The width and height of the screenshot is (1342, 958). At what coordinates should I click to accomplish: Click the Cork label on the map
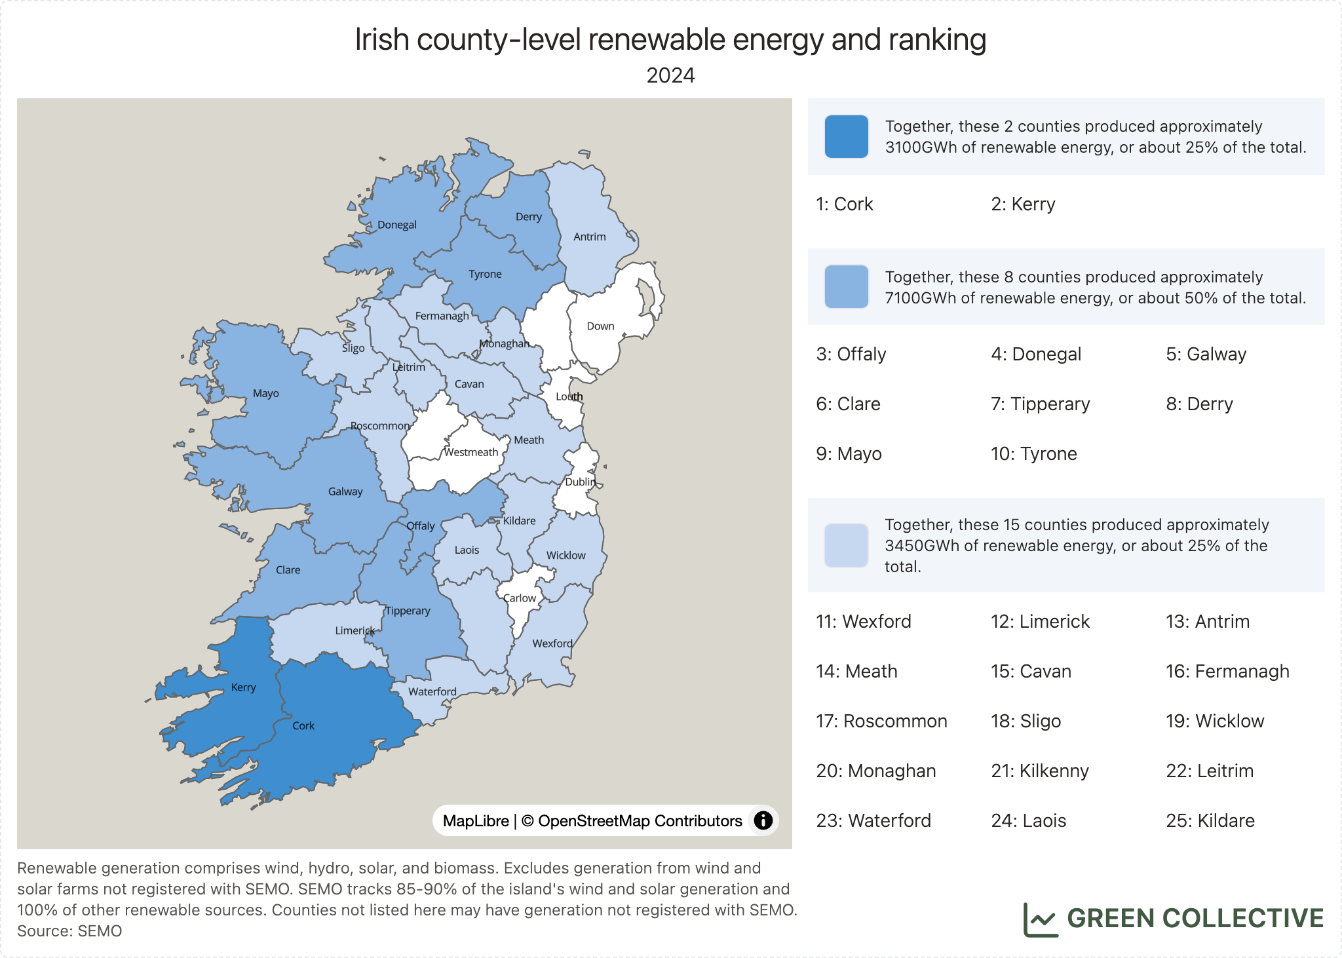click(303, 725)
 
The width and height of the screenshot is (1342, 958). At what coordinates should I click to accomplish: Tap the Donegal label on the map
click(396, 225)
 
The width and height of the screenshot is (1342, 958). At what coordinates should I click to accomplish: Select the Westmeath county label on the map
click(471, 452)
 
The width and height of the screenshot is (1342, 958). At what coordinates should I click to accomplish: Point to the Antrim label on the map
click(589, 237)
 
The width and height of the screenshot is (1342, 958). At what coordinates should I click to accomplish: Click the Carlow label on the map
click(520, 598)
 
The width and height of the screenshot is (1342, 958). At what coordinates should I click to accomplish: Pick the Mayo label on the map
click(265, 393)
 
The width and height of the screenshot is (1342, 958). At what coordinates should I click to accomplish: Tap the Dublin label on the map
click(580, 482)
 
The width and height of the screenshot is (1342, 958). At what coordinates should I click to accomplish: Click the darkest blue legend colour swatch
click(846, 136)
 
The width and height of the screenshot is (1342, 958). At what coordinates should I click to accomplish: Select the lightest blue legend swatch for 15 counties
click(846, 545)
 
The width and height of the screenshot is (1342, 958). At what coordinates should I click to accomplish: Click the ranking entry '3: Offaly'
click(851, 354)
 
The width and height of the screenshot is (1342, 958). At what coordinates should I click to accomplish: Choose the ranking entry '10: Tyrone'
click(1033, 454)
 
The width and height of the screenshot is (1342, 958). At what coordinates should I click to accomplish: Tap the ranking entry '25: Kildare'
click(1210, 821)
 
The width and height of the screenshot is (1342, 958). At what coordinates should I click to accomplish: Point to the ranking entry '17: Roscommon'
click(881, 721)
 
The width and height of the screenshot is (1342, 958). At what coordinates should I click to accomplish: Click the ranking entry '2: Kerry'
click(1023, 204)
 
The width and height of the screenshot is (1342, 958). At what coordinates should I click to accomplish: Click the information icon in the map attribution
click(763, 820)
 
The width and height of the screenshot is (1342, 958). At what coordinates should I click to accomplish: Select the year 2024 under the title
click(670, 75)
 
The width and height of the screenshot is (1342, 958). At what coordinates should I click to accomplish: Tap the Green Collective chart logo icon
click(1040, 919)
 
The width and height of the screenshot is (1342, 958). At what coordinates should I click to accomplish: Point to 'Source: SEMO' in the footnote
click(69, 931)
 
